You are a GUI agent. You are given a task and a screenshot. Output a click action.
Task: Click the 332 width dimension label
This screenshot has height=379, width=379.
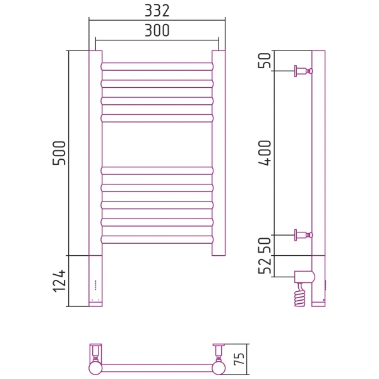tap(157, 11)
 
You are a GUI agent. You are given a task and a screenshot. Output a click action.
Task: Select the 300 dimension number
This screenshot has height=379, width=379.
tap(157, 30)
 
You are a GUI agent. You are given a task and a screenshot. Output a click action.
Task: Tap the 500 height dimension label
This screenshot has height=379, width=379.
tap(59, 153)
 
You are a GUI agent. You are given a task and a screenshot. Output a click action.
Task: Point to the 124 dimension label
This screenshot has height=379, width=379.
tap(59, 281)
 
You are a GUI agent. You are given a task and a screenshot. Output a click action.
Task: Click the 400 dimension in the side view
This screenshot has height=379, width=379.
tap(265, 153)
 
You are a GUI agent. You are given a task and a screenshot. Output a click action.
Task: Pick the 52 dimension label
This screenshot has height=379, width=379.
tap(265, 266)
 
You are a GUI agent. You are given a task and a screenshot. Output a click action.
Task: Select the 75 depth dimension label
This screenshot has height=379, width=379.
tap(239, 359)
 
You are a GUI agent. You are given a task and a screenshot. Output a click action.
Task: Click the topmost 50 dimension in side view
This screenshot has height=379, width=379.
tap(265, 61)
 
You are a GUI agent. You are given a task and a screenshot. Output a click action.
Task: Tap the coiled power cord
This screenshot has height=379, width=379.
tap(300, 295)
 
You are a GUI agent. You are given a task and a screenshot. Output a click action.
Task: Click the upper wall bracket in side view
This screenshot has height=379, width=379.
tap(303, 71)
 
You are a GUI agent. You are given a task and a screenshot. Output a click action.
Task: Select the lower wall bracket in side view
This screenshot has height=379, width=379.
tap(303, 235)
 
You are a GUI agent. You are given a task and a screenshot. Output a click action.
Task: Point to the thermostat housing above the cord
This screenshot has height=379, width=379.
tap(304, 277)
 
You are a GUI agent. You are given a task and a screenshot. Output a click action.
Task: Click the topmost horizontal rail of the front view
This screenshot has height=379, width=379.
tap(157, 66)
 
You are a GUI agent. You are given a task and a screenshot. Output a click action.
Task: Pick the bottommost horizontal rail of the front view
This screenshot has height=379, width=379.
tap(157, 239)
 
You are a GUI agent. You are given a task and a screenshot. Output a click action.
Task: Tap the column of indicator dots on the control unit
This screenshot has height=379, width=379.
tap(95, 285)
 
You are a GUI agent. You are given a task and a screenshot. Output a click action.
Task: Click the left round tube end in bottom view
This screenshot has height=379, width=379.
tap(95, 368)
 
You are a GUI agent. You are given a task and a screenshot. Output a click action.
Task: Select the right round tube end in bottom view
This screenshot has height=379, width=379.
tap(219, 368)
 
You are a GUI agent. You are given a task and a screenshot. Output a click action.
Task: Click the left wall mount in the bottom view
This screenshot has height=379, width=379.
tap(96, 352)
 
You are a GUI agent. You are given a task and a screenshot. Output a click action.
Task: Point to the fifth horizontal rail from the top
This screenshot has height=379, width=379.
tap(157, 171)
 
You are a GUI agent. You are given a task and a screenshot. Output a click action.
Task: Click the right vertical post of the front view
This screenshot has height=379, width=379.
tap(219, 153)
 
